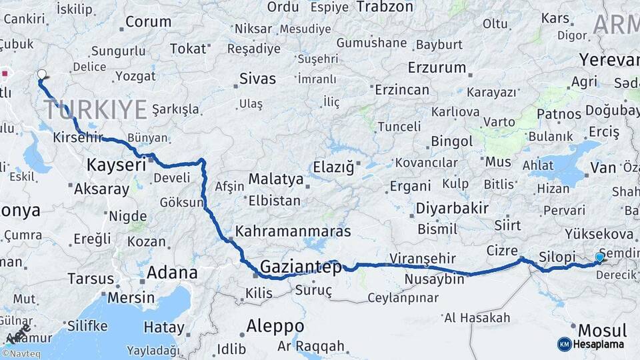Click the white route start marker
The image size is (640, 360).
pyautogui.click(x=42, y=75)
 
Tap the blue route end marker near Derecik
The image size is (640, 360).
pyautogui.click(x=599, y=257)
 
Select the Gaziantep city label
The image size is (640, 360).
pyautogui.click(x=301, y=267)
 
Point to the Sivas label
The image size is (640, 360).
pyautogui.click(x=258, y=79)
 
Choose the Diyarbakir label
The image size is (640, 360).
pyautogui.click(x=452, y=208)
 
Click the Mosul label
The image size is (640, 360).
pyautogui.click(x=602, y=331)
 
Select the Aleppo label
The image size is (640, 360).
pyautogui.click(x=275, y=327)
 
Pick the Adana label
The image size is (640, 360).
pyautogui.click(x=172, y=273)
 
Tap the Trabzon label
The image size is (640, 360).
pyautogui.click(x=385, y=7)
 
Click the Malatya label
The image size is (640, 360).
pyautogui.click(x=275, y=179)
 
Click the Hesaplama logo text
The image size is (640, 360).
pyautogui.click(x=599, y=344)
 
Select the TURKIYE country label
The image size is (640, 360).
pyautogui.click(x=95, y=109)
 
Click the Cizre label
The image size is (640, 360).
pyautogui.click(x=502, y=250)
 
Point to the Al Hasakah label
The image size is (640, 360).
pyautogui.click(x=477, y=317)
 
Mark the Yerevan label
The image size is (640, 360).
pyautogui.click(x=609, y=60)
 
